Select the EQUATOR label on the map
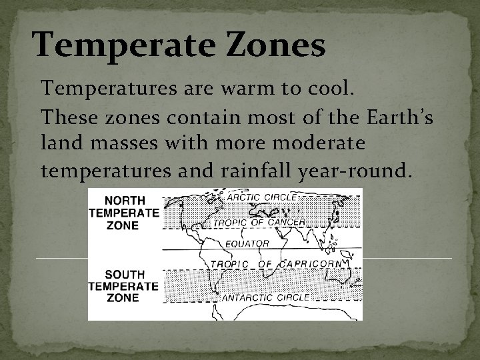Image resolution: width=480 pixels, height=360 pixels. coord(247,243)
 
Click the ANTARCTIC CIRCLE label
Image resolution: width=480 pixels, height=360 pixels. coord(265,297)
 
